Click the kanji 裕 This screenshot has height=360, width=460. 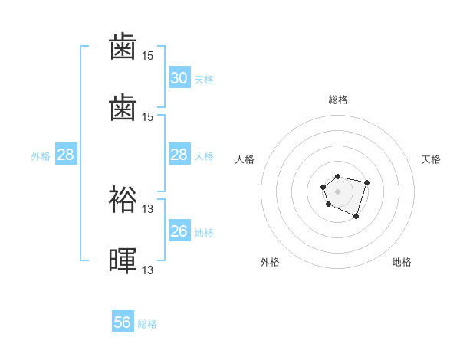click(123, 200)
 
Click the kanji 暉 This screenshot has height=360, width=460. click(123, 259)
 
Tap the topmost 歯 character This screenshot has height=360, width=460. click(123, 47)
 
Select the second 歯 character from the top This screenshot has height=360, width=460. click(123, 106)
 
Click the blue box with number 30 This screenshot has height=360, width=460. click(179, 78)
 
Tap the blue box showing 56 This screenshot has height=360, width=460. click(123, 322)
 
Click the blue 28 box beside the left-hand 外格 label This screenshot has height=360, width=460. click(65, 155)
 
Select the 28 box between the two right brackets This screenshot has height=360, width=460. click(179, 155)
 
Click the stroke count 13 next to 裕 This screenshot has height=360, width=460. click(148, 208)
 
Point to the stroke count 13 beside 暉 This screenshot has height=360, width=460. click(148, 269)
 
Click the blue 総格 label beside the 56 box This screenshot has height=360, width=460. click(147, 324)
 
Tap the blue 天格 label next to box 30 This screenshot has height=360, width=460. click(204, 79)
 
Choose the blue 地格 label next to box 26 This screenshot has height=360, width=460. click(204, 233)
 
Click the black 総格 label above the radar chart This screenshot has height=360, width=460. click(337, 100)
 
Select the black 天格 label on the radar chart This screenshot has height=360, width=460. click(431, 159)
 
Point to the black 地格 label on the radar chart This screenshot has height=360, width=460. click(402, 262)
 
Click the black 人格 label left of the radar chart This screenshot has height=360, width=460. click(245, 159)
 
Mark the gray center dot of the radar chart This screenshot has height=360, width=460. click(337, 191)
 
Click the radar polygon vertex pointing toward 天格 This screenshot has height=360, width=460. click(367, 182)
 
